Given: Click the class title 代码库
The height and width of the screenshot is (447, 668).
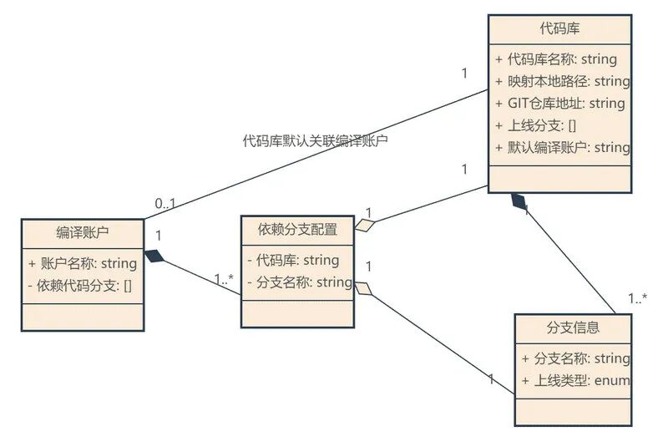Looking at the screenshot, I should point(559,28).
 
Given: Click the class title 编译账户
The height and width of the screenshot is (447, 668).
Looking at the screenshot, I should point(83,231).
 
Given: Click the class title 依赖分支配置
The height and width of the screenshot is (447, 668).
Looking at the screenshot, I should point(297,229).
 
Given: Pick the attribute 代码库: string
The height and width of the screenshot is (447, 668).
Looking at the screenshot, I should point(292,260).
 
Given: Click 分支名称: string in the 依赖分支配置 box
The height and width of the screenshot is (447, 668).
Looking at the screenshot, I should point(299,282).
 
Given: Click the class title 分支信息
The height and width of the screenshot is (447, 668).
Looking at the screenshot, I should point(573,327).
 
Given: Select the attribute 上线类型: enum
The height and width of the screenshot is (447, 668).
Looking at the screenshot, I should point(575,380).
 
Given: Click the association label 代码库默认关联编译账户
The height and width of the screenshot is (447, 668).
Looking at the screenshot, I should point(316,141).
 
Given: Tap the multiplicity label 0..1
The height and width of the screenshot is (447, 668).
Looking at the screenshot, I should point(165,203).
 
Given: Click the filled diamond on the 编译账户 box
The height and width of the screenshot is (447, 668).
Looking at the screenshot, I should point(154,256).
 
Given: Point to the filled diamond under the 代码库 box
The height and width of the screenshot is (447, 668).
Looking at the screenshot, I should point(519,201).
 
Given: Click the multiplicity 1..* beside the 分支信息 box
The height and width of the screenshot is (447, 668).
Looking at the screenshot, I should point(638,298).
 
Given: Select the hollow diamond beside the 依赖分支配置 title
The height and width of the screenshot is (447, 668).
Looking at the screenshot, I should point(364,224).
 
